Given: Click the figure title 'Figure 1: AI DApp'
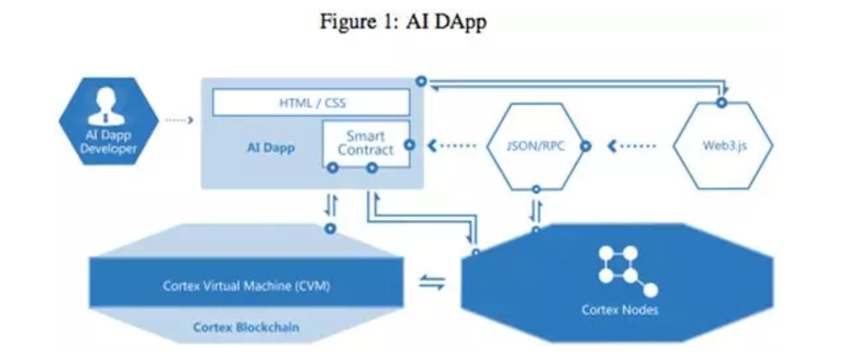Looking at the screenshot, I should tap(403, 22).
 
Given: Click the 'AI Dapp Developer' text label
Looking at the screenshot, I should tap(108, 142).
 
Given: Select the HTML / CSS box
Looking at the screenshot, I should tap(311, 102).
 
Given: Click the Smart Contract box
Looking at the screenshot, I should tap(365, 143).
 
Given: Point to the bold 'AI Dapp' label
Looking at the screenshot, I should tap(271, 148).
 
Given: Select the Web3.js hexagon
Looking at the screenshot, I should tap(723, 146).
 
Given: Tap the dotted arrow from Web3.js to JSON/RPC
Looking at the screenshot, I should tap(632, 146).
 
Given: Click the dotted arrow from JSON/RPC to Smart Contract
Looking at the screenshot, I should tap(452, 146).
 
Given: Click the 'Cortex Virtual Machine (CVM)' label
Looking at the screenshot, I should tap(246, 286).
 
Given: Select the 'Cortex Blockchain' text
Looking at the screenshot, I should tap(246, 327).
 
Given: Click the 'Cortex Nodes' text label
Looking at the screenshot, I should tap(619, 310).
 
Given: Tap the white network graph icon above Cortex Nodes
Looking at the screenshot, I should tap(625, 269).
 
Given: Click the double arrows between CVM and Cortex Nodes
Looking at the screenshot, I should tap(432, 282).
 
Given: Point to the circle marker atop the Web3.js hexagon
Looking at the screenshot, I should tap(721, 102).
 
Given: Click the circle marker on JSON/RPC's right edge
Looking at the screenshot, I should tap(586, 146).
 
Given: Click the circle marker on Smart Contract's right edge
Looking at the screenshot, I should tap(410, 145).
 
